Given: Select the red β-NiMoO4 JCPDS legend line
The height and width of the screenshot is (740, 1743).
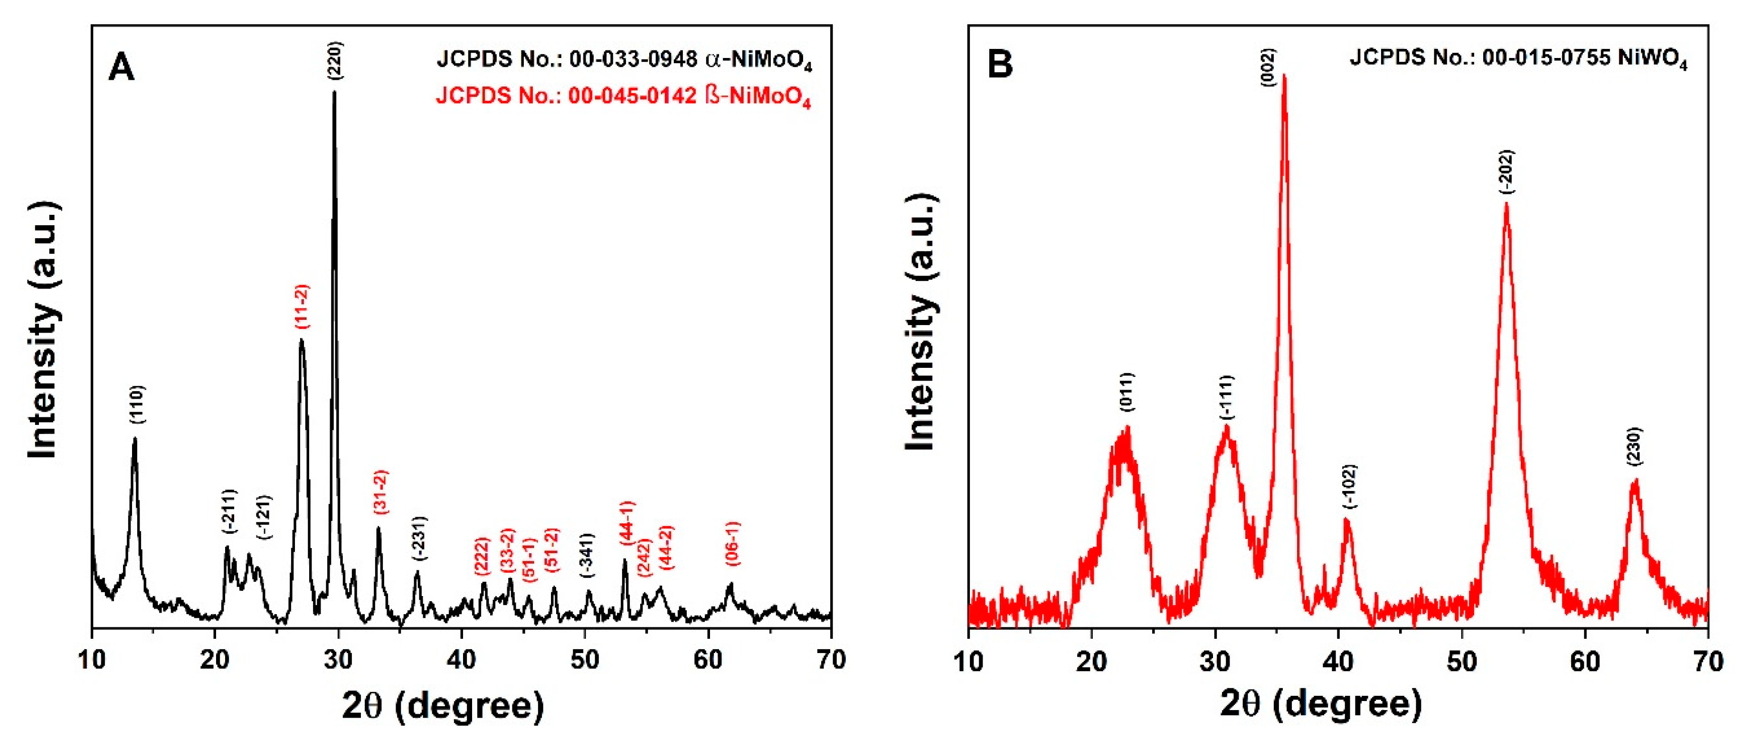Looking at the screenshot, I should [x=623, y=96].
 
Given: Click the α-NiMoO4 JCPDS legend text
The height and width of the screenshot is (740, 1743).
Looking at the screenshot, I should [x=623, y=59].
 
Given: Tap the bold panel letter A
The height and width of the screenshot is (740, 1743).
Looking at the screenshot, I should [x=122, y=67].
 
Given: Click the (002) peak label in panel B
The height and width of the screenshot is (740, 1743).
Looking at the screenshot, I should [x=1268, y=67].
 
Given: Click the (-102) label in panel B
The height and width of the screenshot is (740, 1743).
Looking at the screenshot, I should [x=1350, y=487].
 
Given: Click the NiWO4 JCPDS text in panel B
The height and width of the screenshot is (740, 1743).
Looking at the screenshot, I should [x=1518, y=59].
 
